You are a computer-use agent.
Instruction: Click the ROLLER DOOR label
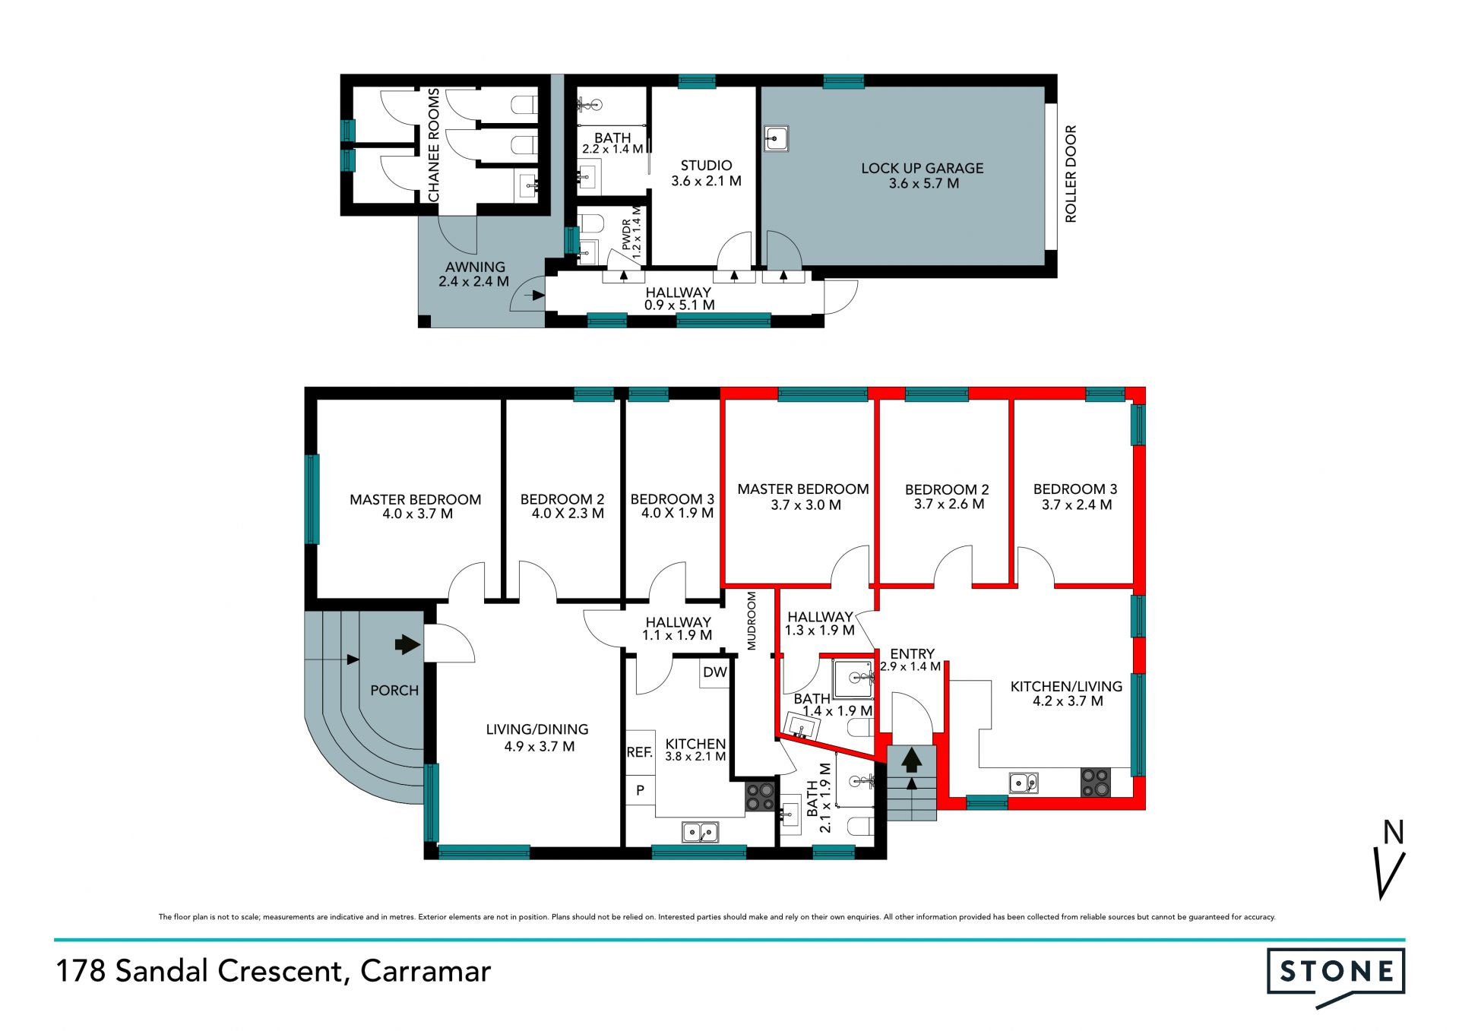pos(1071,174)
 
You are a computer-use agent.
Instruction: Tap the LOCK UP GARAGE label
pos(922,168)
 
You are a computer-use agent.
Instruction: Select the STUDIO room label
pos(706,165)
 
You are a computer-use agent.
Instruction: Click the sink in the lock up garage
pos(776,138)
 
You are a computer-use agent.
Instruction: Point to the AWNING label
pos(475,267)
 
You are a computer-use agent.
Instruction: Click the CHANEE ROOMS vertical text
pos(434,145)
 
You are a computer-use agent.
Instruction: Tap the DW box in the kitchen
pos(714,672)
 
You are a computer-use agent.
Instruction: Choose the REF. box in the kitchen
pos(640,752)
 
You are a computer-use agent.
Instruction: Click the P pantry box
pos(640,790)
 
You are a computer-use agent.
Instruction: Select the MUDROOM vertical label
pos(752,621)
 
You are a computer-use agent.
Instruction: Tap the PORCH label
pos(394,690)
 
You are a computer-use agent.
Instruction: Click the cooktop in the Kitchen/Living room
pos(1096,782)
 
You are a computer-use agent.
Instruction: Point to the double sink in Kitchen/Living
pos(1024,782)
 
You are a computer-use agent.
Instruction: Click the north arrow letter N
pos(1393,833)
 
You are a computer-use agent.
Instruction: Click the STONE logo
pos(1336,976)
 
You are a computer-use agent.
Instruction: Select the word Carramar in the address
pos(426,971)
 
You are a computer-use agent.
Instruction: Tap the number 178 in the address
pos(81,971)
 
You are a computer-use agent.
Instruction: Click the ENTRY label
pos(912,653)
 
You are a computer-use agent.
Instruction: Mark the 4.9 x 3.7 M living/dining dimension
pos(539,746)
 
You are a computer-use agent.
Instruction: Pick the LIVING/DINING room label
pos(537,729)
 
